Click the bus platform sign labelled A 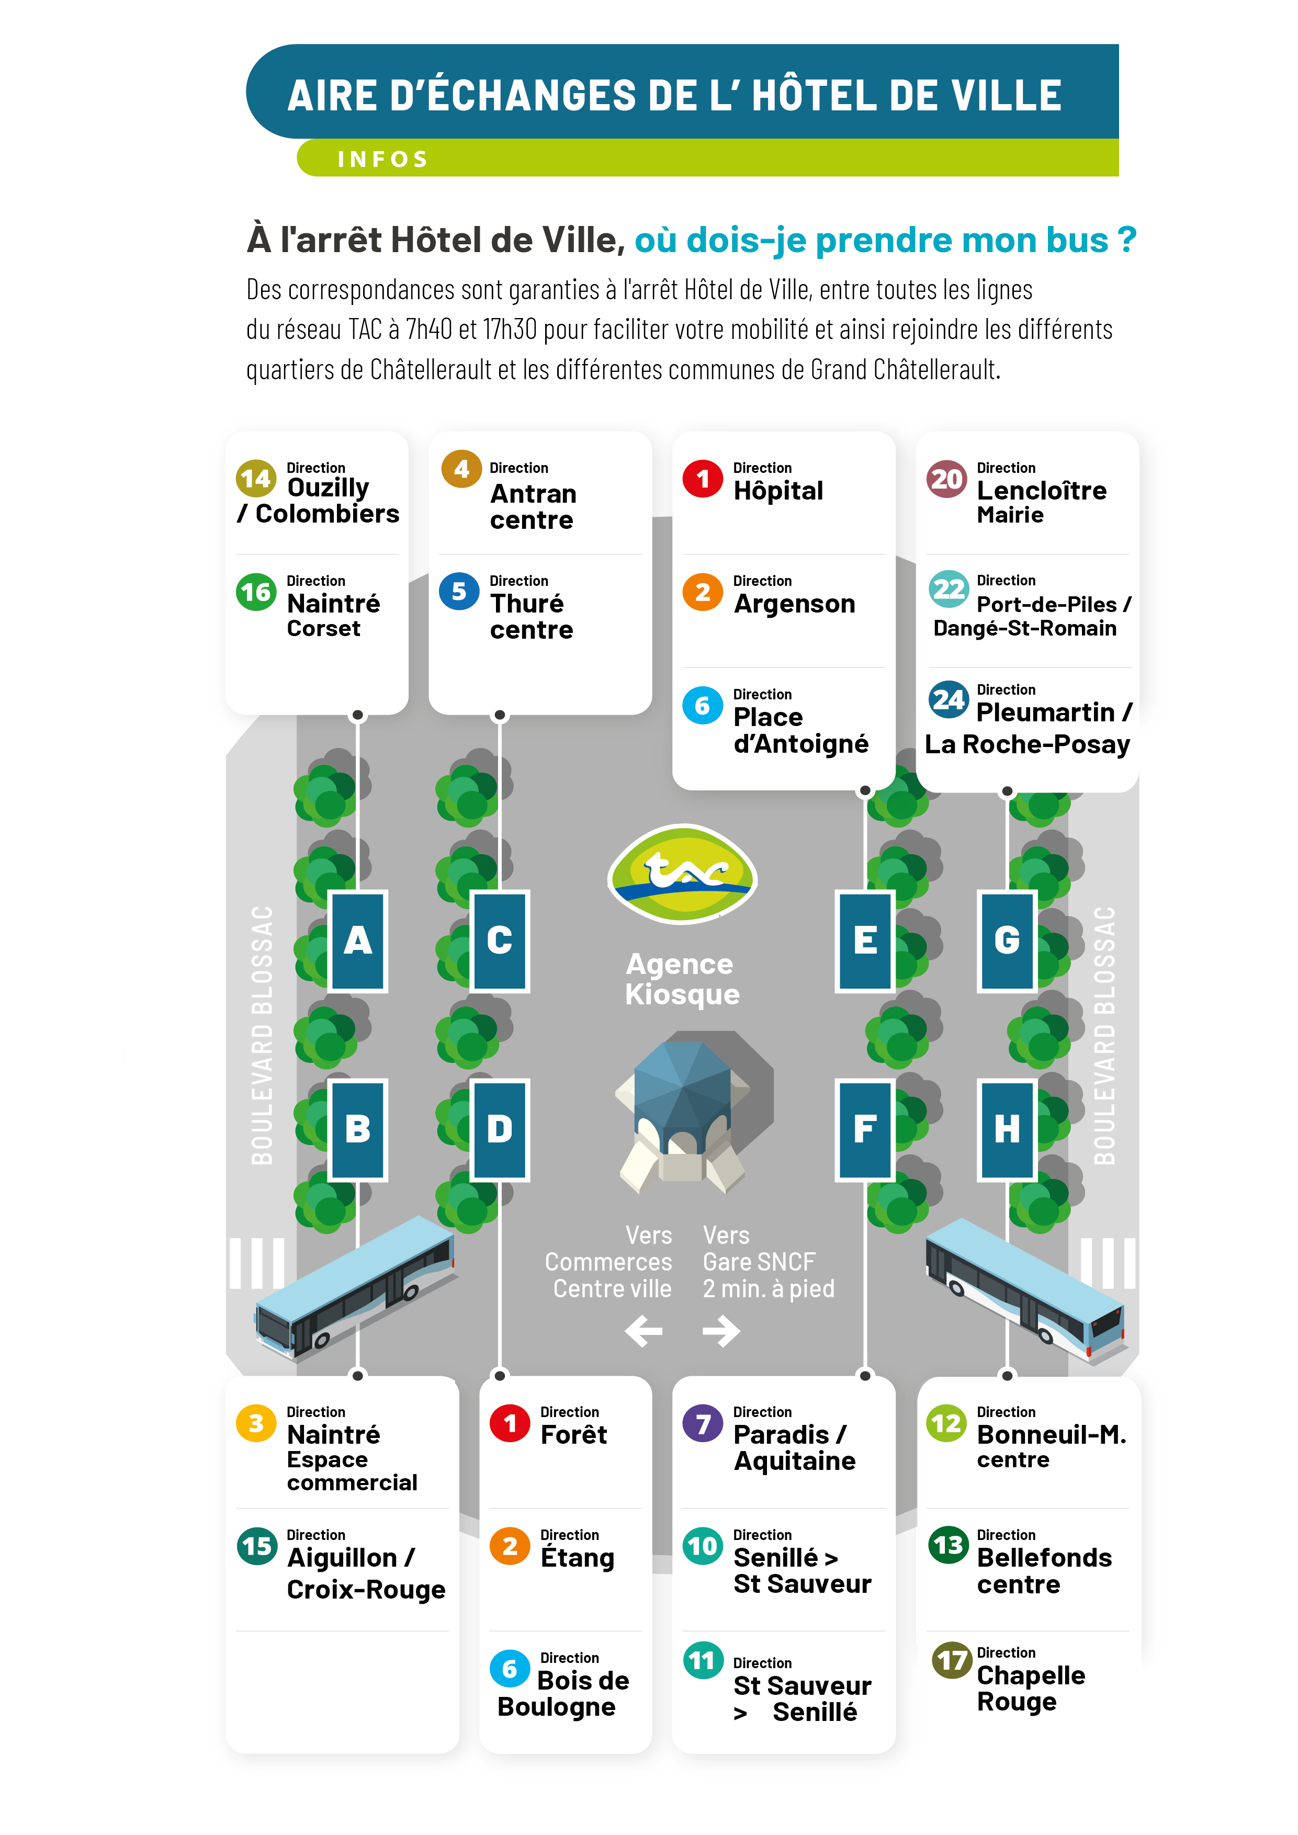pyautogui.click(x=357, y=941)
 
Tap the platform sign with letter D pyautogui.click(x=500, y=1129)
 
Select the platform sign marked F pyautogui.click(x=865, y=1129)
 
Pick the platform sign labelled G pyautogui.click(x=1007, y=941)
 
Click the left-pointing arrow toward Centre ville pyautogui.click(x=644, y=1331)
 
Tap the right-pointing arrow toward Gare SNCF pyautogui.click(x=721, y=1331)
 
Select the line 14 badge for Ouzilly pyautogui.click(x=256, y=479)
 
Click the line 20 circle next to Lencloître pyautogui.click(x=947, y=479)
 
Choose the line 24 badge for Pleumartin pyautogui.click(x=948, y=700)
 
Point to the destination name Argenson pyautogui.click(x=795, y=604)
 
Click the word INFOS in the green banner pyautogui.click(x=383, y=159)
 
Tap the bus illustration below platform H pyautogui.click(x=1025, y=1289)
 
